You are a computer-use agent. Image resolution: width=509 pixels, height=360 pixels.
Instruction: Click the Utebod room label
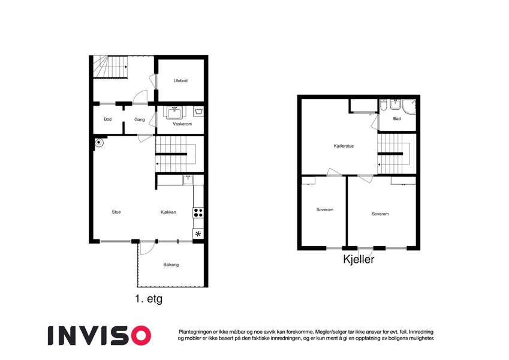pos(180,80)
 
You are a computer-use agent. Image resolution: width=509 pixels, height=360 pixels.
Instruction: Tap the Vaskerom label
pos(182,124)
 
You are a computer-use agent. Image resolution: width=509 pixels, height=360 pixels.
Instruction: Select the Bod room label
pos(107,119)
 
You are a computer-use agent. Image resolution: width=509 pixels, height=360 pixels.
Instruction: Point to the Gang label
pos(140,119)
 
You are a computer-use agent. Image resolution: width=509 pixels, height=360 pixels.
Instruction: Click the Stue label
pos(116,212)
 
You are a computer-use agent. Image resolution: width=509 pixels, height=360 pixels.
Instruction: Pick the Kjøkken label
pos(168,212)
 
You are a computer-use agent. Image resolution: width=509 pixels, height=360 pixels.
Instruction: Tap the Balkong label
pos(171,265)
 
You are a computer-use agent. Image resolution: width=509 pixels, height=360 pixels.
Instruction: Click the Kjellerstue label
pos(344,146)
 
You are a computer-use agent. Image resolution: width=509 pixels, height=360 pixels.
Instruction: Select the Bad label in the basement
pos(397,119)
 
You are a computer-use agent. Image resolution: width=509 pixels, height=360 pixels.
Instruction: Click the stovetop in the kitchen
pos(198,213)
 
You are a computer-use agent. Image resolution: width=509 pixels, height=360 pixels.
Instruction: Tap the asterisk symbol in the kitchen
pos(198,234)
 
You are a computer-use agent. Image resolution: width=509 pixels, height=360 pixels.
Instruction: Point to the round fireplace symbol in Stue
pos(98,142)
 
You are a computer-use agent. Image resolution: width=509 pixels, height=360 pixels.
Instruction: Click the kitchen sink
pos(188,179)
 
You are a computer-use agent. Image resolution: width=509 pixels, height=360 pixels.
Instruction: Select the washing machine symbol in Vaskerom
pos(198,112)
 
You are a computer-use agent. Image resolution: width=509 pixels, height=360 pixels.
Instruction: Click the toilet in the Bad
pos(384,106)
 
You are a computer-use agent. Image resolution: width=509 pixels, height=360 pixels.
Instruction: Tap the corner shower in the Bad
pos(409,107)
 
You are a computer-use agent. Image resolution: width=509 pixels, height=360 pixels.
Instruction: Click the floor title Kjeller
pos(359,259)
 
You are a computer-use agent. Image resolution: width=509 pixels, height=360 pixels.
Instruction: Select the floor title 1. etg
pos(149,299)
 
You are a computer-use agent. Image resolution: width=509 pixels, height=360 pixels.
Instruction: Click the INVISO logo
pos(100,335)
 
